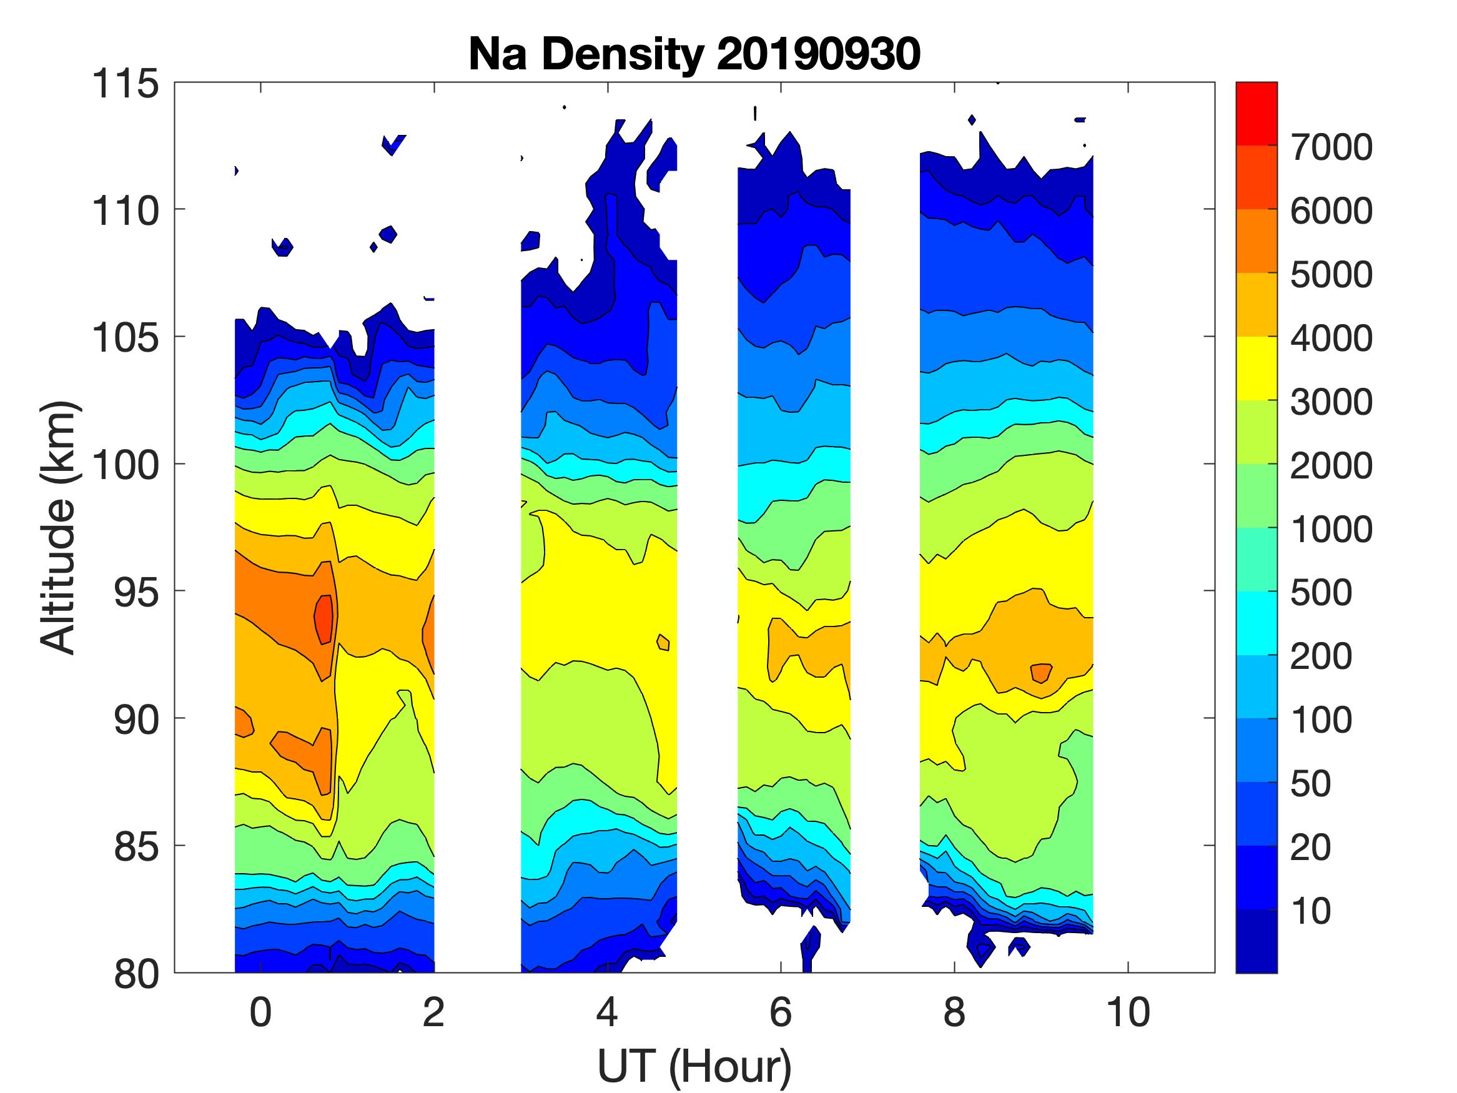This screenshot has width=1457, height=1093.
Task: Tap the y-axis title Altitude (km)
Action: (59, 527)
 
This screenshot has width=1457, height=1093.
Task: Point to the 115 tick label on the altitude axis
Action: (125, 84)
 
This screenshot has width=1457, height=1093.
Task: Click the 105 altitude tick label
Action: (125, 338)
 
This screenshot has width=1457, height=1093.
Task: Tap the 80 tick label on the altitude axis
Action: (136, 974)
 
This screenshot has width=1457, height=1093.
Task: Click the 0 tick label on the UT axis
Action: (261, 1012)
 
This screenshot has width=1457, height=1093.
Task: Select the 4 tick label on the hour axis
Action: (607, 1012)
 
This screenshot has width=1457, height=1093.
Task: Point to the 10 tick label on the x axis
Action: (1129, 1012)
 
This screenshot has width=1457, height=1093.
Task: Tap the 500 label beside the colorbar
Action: (1321, 592)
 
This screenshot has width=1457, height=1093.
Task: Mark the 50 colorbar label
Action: (1311, 783)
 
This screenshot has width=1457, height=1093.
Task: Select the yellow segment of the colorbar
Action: (1256, 368)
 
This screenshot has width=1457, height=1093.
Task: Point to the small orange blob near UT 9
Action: (1040, 673)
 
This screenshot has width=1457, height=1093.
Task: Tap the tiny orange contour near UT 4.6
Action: (663, 642)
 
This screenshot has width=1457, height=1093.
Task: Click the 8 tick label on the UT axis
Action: (954, 1012)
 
